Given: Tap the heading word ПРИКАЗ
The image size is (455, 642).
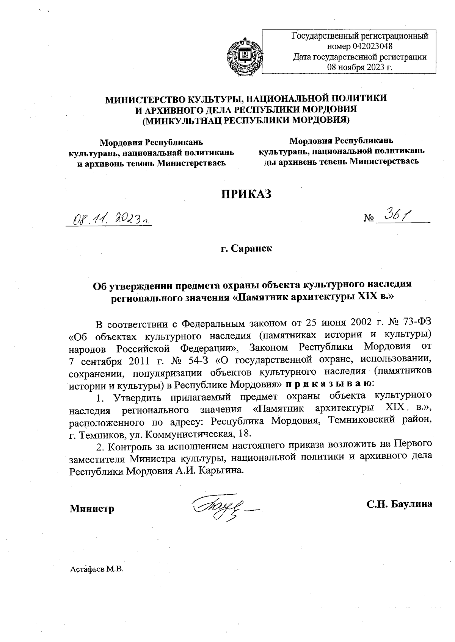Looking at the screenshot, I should [x=247, y=193].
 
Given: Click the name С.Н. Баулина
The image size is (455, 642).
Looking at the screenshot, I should [x=399, y=504].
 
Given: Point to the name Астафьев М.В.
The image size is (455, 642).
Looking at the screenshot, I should [x=97, y=570].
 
